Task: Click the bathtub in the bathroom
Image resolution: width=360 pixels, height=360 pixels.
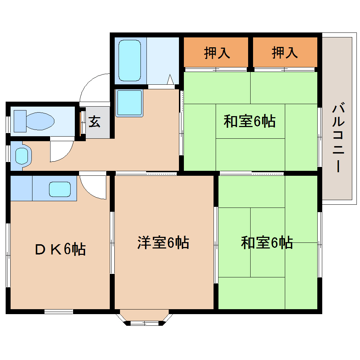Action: (129, 60)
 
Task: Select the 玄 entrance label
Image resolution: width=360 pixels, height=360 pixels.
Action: (94, 122)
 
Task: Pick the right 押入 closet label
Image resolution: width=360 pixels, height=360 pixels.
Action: (284, 53)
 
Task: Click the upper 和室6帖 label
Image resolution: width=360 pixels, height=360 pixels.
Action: (250, 122)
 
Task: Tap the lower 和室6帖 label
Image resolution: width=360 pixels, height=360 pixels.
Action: (267, 243)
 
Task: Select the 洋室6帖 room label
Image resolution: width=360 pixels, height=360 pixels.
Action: (163, 243)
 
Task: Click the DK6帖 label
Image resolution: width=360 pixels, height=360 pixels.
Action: (60, 250)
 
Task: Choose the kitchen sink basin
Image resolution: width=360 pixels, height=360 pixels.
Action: (60, 190)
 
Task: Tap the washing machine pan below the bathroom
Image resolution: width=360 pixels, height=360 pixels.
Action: (129, 103)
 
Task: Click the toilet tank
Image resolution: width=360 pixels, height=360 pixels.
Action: (20, 121)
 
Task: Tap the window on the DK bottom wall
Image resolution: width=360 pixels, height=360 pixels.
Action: (59, 311)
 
